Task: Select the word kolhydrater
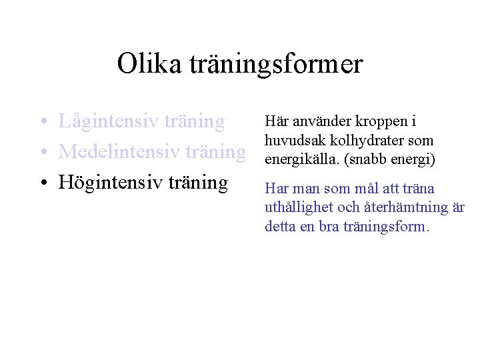pos(360,141)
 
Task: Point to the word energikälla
pos(298,160)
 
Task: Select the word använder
pos(317,122)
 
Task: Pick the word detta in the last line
pos(279,227)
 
